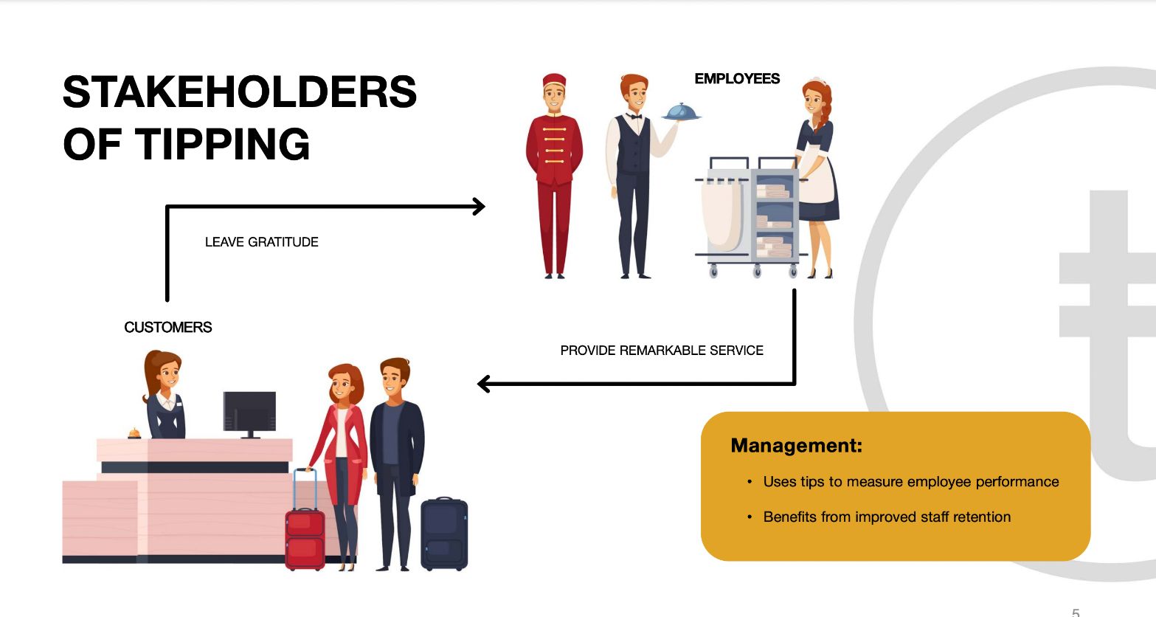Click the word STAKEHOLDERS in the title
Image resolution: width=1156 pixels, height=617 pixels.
(x=240, y=92)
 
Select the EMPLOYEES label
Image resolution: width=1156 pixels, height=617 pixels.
(x=737, y=79)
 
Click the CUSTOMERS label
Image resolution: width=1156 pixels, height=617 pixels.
(x=168, y=328)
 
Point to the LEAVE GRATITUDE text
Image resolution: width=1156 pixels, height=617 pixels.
(x=262, y=242)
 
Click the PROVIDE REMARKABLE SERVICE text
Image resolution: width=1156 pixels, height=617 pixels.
(x=662, y=351)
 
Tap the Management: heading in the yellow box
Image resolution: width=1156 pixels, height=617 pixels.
(x=796, y=446)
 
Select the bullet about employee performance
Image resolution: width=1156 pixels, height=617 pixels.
(x=910, y=482)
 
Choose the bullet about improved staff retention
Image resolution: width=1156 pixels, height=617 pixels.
(x=887, y=517)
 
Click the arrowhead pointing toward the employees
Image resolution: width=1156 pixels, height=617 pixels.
(x=479, y=207)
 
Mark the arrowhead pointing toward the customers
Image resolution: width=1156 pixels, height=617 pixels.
(x=485, y=384)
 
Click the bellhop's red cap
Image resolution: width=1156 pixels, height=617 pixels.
(x=554, y=80)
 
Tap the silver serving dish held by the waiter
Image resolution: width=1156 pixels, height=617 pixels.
(x=682, y=111)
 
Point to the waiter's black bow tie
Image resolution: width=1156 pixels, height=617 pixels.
(x=634, y=116)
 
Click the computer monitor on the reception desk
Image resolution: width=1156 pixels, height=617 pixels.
(x=249, y=412)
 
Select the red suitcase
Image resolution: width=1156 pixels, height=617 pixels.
(x=305, y=536)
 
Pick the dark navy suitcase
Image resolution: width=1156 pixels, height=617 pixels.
(x=444, y=534)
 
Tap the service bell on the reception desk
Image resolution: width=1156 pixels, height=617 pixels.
(x=134, y=433)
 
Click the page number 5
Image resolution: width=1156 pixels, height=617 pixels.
(x=1076, y=612)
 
